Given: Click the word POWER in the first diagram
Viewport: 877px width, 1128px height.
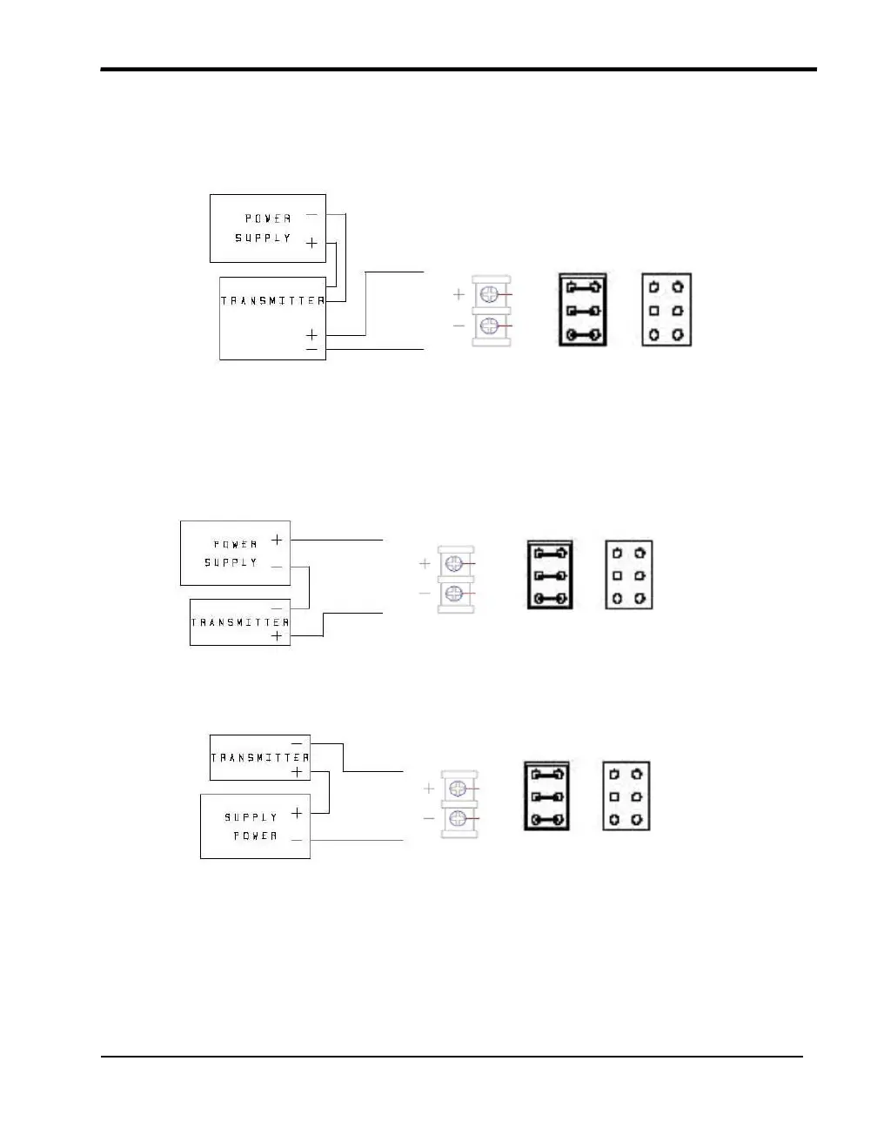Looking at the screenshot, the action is (x=268, y=218).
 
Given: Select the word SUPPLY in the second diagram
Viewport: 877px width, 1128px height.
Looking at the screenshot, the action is (x=231, y=562).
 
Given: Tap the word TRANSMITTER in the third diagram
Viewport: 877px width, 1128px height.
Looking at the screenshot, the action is (x=259, y=757).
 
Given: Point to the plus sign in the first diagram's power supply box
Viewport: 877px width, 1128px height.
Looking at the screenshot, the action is (x=311, y=244).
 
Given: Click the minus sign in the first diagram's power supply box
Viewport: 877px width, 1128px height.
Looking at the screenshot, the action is (x=311, y=215).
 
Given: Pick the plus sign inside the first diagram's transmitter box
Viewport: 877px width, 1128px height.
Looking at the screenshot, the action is (x=311, y=335).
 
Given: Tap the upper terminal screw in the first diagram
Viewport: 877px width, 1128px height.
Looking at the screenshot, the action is (x=489, y=295).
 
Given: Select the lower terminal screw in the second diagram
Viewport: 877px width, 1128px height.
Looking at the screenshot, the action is (x=452, y=594).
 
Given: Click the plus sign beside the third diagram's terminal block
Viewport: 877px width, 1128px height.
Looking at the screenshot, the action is (x=429, y=789).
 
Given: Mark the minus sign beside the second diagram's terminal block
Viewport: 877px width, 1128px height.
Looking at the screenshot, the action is (x=425, y=594).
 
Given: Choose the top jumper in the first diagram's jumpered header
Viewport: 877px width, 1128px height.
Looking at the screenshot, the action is (x=581, y=286).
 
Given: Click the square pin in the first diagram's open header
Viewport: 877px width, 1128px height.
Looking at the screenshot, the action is (x=654, y=311).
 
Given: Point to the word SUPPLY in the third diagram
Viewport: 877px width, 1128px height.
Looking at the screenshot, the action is (x=251, y=817).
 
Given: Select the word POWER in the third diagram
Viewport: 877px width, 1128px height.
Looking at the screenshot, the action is (x=255, y=836).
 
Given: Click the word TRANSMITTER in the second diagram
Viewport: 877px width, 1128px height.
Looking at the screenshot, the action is (x=239, y=622).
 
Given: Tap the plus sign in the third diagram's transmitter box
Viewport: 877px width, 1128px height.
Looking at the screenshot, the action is (x=297, y=772).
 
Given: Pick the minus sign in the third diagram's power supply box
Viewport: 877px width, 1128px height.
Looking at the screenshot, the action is (x=297, y=840).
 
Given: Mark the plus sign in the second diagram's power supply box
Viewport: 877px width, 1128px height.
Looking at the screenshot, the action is (x=277, y=540).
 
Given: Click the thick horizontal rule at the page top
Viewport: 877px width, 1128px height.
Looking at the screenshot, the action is (x=459, y=69).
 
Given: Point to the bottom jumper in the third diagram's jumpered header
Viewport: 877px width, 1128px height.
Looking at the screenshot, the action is (x=546, y=820).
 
